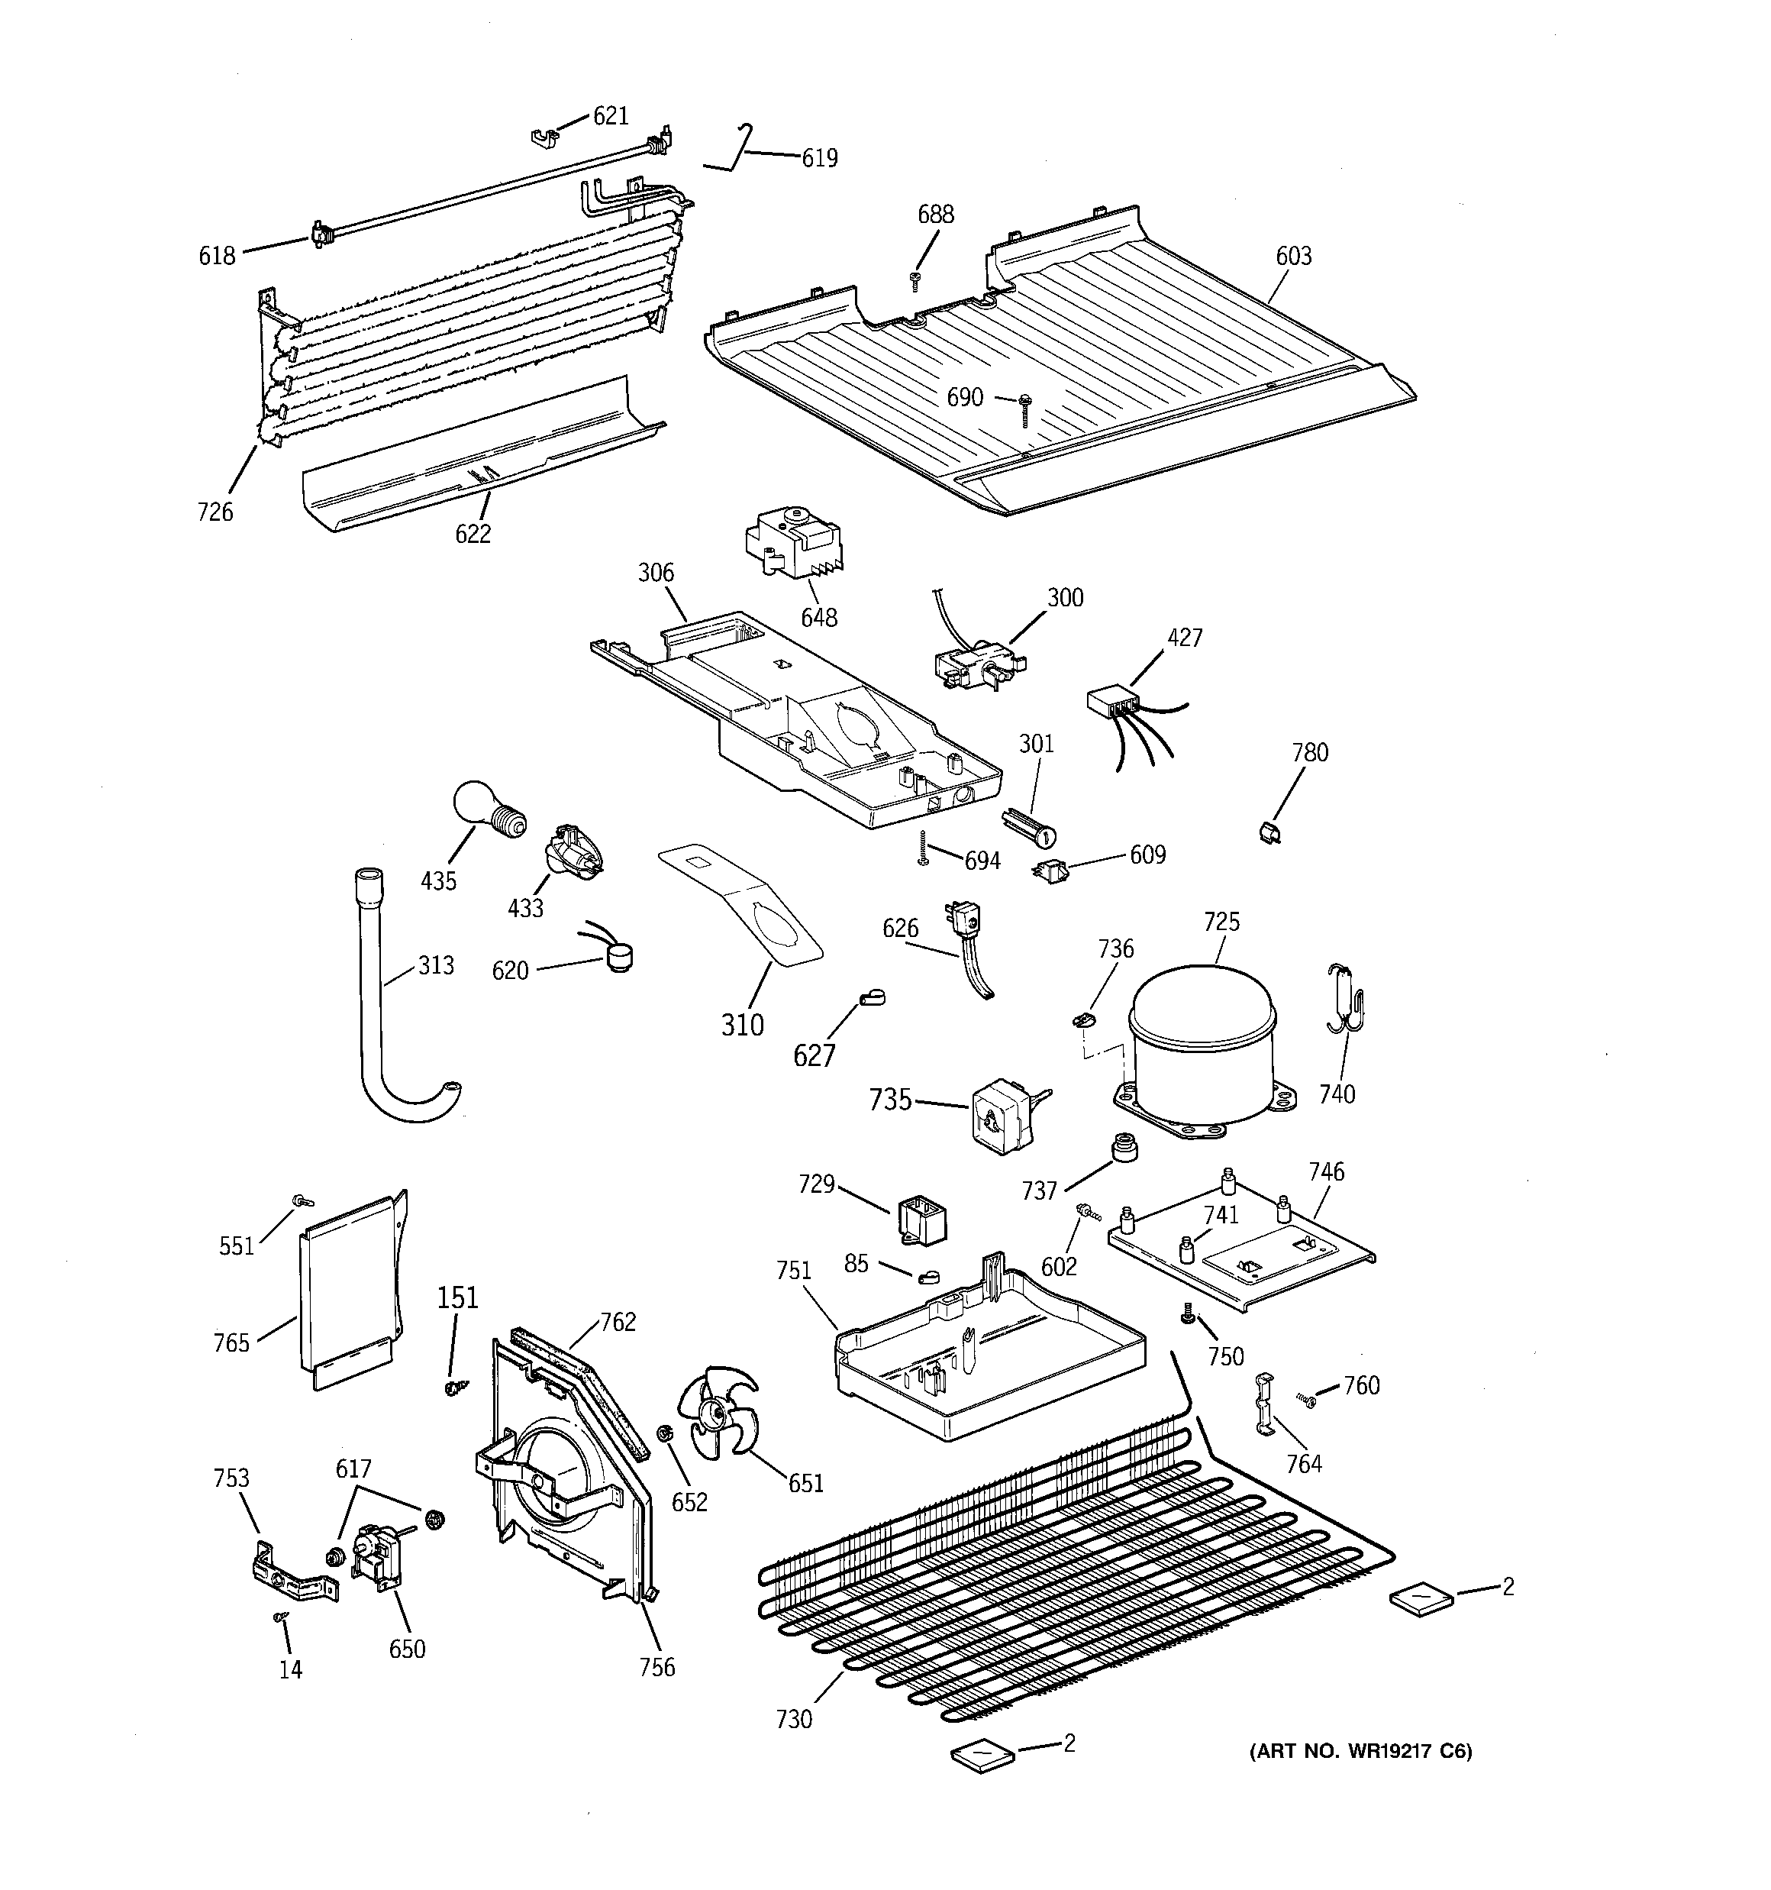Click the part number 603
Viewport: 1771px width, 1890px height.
click(x=1293, y=256)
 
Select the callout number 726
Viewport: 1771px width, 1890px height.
click(x=215, y=512)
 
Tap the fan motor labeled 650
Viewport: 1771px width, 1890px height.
click(x=376, y=1561)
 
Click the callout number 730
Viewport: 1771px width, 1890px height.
click(x=794, y=1719)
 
